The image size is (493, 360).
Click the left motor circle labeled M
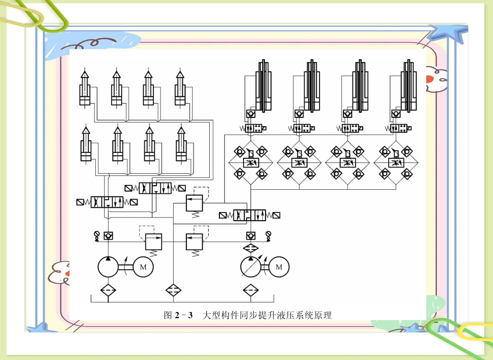pos(143,267)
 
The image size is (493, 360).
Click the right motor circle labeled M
pos(279,267)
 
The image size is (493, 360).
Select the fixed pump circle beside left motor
pos(108,267)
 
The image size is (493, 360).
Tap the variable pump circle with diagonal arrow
pos(251,267)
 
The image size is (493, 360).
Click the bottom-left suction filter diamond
pos(108,290)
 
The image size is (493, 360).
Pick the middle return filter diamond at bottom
pos(174,290)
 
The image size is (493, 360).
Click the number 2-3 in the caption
pos(183,316)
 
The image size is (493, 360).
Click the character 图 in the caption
pos(168,316)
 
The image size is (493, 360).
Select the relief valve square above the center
pos(194,203)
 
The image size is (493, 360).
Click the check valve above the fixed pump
pos(108,236)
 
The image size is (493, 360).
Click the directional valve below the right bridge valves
pos(249,215)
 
